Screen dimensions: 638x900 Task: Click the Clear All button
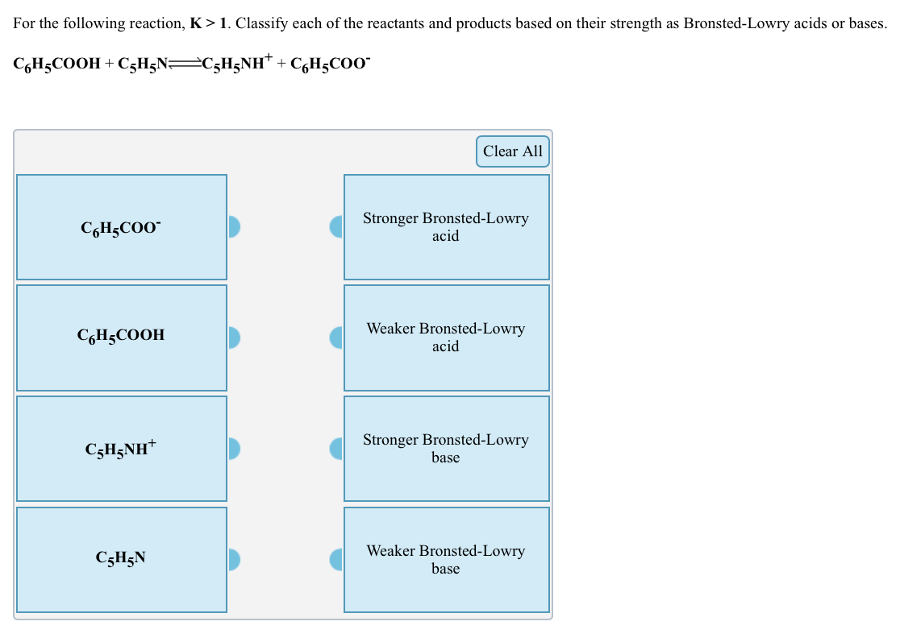point(512,151)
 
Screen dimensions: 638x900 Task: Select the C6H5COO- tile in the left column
point(121,228)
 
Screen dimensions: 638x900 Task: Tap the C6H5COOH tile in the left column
point(121,338)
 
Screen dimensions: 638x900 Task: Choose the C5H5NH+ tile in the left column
point(121,449)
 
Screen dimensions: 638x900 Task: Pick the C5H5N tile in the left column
point(121,559)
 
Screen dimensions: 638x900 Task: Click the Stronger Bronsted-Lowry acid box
point(446,227)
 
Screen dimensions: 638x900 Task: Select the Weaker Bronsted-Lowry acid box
point(446,338)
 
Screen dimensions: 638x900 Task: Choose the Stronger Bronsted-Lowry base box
point(446,449)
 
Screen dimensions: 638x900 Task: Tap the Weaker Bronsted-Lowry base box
point(446,559)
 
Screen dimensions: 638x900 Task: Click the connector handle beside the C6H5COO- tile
point(234,227)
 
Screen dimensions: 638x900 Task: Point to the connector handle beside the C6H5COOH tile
point(234,338)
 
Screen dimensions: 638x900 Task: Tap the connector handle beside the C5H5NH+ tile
point(234,449)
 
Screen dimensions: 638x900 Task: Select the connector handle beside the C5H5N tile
point(234,559)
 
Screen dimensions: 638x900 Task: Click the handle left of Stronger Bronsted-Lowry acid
point(336,227)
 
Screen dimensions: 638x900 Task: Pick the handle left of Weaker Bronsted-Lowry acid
point(336,338)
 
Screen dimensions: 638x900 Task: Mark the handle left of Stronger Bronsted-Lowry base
point(336,449)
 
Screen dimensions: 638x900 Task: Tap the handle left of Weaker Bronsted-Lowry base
point(336,559)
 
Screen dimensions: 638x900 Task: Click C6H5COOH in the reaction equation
point(56,65)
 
